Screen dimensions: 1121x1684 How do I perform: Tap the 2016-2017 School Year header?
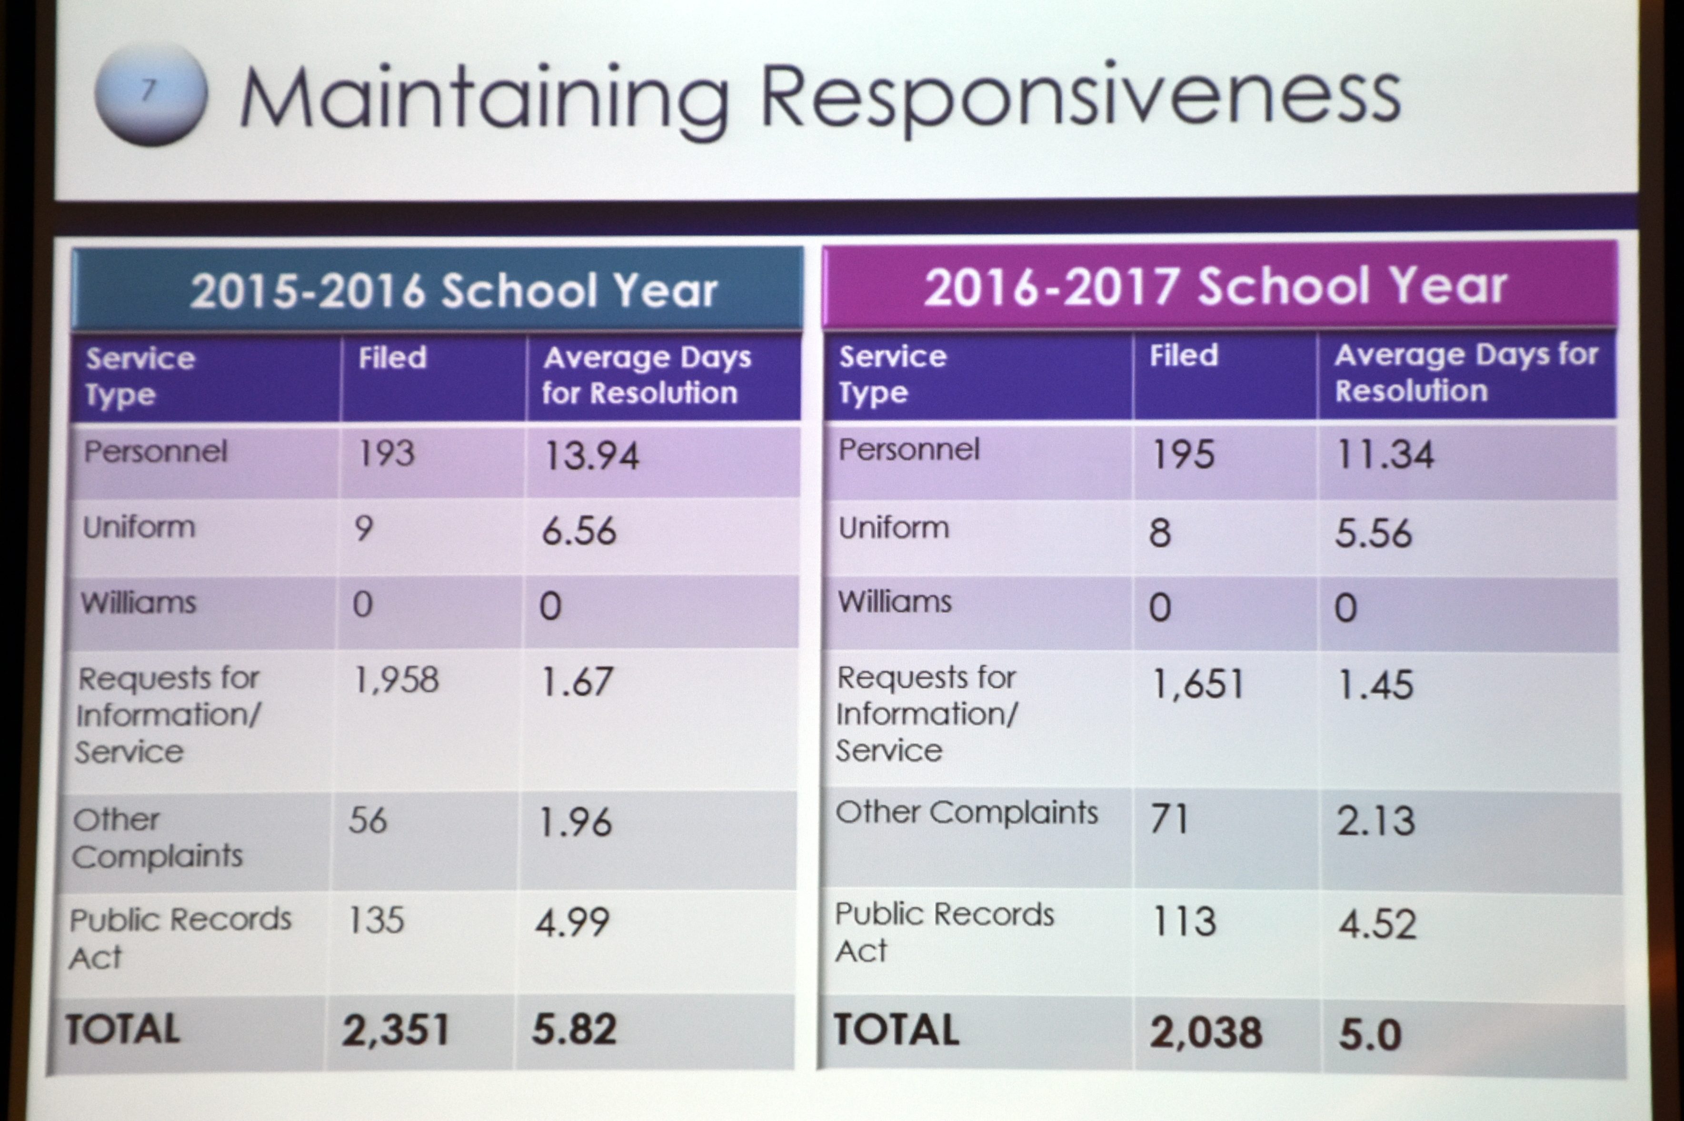pyautogui.click(x=1216, y=287)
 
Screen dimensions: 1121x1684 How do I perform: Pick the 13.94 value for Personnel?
pyautogui.click(x=591, y=456)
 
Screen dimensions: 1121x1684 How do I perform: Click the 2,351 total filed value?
pyautogui.click(x=396, y=1030)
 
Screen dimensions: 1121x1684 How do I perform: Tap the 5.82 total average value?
pyautogui.click(x=574, y=1030)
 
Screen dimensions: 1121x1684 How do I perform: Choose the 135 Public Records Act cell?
pyautogui.click(x=376, y=920)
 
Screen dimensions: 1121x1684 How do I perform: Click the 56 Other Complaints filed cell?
pyautogui.click(x=368, y=820)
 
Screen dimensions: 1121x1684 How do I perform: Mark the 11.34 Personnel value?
pyautogui.click(x=1385, y=455)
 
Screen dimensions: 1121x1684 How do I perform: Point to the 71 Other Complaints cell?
pyautogui.click(x=1169, y=819)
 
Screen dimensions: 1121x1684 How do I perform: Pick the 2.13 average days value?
pyautogui.click(x=1376, y=821)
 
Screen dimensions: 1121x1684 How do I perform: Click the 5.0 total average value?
pyautogui.click(x=1369, y=1034)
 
